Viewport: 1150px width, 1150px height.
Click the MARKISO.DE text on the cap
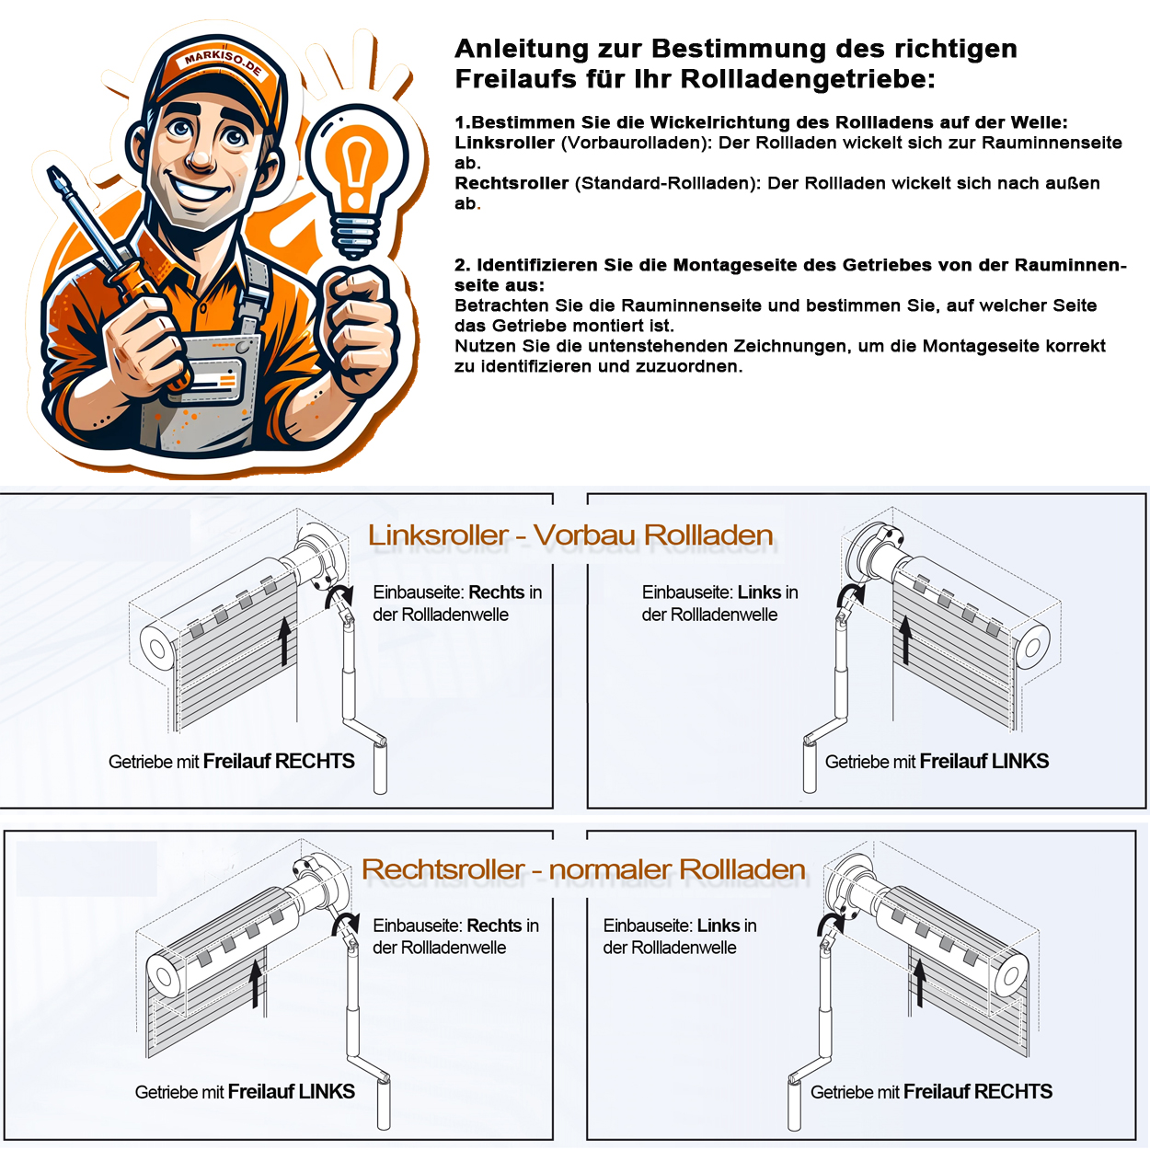click(x=223, y=63)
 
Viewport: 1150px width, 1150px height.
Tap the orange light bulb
click(x=356, y=166)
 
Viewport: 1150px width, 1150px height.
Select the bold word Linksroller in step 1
click(x=504, y=143)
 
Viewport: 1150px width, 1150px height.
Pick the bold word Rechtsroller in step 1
click(x=512, y=183)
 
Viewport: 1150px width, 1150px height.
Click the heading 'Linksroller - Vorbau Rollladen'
click(x=570, y=535)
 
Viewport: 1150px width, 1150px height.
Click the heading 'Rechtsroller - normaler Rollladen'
click(x=583, y=869)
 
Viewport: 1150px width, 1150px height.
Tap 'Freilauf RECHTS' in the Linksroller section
click(x=279, y=761)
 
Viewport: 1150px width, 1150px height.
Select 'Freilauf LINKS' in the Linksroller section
click(x=983, y=761)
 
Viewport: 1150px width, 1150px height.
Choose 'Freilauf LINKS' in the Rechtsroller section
click(x=291, y=1092)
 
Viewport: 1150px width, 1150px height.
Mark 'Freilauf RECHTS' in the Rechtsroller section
click(x=977, y=1092)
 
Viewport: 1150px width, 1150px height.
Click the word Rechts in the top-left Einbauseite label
click(x=497, y=592)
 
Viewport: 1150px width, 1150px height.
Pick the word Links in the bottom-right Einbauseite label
click(x=719, y=926)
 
